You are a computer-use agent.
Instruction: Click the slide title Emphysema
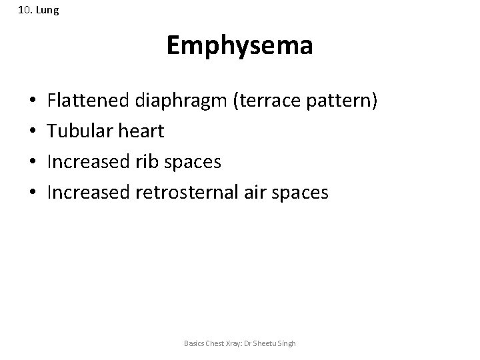(x=239, y=46)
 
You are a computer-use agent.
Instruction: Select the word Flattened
(x=88, y=101)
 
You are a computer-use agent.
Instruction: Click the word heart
(x=140, y=131)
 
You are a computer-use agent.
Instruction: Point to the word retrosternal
(x=189, y=193)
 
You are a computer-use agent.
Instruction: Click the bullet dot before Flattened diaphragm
(x=33, y=102)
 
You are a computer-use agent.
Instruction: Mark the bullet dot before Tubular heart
(x=33, y=132)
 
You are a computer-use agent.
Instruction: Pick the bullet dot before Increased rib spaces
(x=33, y=163)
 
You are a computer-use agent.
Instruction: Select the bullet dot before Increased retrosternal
(x=33, y=193)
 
